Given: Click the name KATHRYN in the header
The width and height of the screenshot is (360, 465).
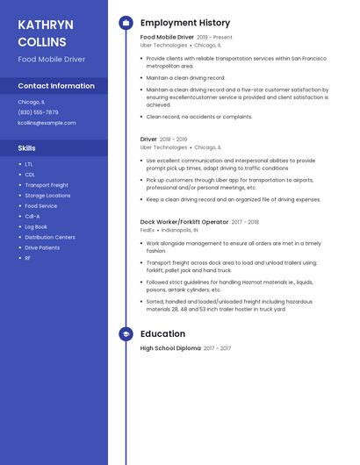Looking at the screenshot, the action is coord(46,25).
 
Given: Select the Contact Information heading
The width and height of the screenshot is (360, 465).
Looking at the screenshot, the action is coord(56,86).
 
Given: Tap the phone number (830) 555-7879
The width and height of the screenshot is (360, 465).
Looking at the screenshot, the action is coord(38,112).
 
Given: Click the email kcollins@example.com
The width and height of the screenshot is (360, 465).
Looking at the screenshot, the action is coord(47,123).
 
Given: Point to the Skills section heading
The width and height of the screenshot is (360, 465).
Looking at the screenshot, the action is coord(27,148).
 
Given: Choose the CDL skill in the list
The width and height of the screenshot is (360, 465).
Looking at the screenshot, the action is coord(30,175).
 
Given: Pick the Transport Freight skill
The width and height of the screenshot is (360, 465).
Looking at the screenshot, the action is coord(47,185).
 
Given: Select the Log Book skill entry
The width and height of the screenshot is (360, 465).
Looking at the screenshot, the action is coord(36,226).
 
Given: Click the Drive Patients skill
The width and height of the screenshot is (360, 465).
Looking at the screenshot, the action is coord(42,247).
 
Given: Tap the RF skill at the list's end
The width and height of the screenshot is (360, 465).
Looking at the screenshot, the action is coord(28,258).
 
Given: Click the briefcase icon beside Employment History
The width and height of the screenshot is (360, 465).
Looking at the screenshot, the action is coord(126,23).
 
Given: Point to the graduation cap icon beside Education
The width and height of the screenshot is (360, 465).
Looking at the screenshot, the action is coord(126,334).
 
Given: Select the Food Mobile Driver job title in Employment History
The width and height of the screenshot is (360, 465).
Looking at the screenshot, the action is coord(167,38).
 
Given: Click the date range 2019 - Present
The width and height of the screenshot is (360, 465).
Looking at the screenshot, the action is coord(215,38).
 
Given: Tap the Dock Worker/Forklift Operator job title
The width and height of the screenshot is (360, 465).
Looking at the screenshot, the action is coord(184,222).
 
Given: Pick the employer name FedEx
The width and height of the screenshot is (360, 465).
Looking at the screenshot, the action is coord(148,230).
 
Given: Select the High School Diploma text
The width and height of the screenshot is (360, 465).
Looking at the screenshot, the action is coord(170,348).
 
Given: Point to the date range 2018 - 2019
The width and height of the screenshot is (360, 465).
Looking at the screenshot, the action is coord(174,139).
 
